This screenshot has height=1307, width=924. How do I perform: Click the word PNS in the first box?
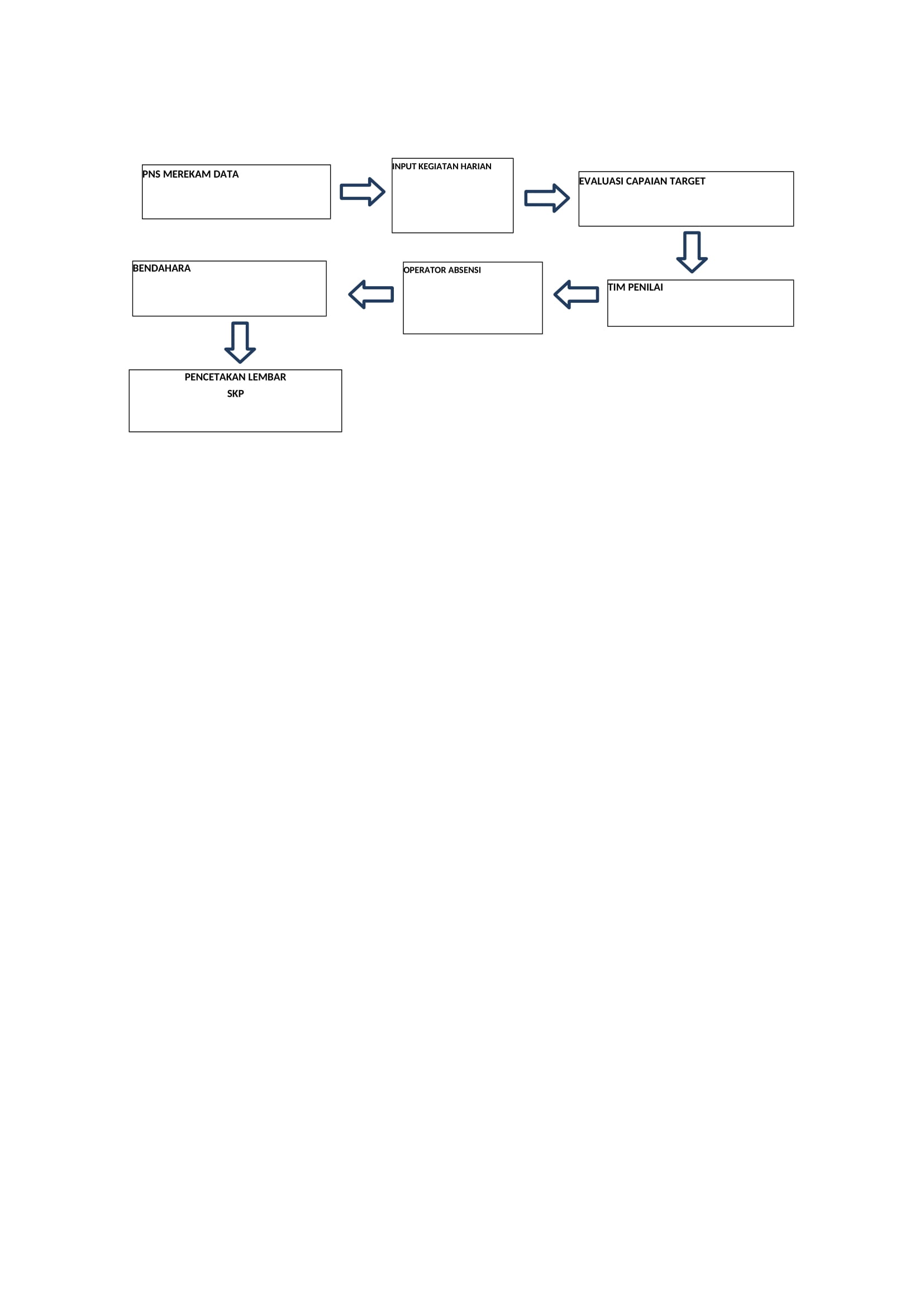point(151,174)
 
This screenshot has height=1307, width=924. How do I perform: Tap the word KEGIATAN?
point(438,166)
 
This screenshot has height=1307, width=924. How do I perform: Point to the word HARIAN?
point(476,166)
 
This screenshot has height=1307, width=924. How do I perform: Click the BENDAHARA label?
point(161,268)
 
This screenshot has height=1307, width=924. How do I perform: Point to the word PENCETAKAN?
point(219,377)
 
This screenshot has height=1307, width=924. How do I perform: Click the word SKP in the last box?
point(236,393)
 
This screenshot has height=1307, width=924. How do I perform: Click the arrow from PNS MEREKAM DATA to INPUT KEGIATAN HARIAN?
point(363,192)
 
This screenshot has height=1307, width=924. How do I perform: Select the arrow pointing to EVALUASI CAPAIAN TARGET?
point(547,198)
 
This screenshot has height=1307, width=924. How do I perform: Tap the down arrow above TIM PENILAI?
point(692,252)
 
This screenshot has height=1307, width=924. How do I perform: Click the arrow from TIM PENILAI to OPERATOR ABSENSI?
point(577,294)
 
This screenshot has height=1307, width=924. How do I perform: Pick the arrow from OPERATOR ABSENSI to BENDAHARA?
point(371,294)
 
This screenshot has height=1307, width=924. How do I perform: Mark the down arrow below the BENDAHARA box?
point(240,343)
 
